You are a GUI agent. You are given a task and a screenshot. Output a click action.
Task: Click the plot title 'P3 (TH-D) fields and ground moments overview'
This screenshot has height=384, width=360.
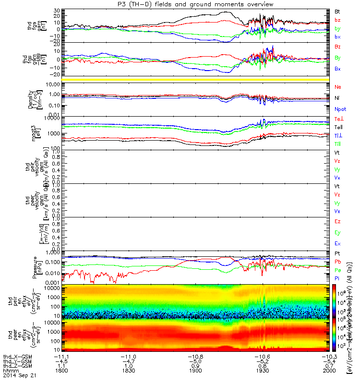tap(180, 4)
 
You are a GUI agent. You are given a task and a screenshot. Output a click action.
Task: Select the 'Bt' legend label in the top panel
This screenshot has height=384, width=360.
tap(337, 11)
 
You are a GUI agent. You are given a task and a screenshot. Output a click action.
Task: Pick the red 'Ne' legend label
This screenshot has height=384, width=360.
tap(337, 87)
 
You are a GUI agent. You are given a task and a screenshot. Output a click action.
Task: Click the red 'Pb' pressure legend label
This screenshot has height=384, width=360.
tap(337, 262)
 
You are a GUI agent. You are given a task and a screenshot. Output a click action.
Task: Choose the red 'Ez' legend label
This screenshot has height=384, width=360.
tap(337, 222)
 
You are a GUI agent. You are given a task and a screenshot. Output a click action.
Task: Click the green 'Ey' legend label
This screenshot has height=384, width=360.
tap(337, 233)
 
